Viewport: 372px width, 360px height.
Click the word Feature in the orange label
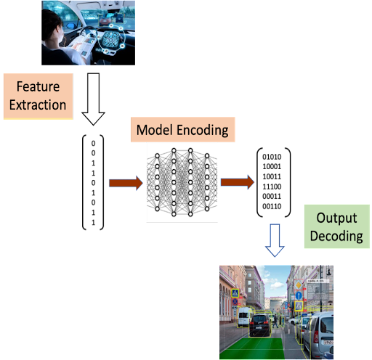(x=38, y=86)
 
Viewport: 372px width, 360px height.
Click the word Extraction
(x=38, y=105)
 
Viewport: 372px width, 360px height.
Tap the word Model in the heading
(x=155, y=130)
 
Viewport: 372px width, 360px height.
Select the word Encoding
(x=203, y=131)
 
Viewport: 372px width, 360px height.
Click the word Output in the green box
(x=336, y=218)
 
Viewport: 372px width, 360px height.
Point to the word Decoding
(x=336, y=236)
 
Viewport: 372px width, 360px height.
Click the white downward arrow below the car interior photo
(x=93, y=99)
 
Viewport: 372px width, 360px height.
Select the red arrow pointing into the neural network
(x=126, y=183)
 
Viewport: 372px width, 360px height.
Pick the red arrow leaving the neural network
(x=238, y=182)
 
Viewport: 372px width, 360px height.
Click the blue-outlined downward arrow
(x=275, y=240)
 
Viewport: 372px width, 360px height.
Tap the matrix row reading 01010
(x=272, y=157)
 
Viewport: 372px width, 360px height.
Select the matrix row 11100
(x=272, y=187)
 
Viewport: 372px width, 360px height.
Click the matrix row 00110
(x=272, y=206)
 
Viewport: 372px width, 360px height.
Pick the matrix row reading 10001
(x=272, y=167)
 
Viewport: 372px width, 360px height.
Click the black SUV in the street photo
(x=259, y=325)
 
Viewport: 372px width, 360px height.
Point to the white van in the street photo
(x=244, y=316)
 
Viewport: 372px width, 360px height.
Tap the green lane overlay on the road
(x=253, y=348)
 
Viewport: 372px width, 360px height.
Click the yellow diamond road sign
(x=299, y=285)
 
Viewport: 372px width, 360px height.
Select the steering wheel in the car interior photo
(x=88, y=35)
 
